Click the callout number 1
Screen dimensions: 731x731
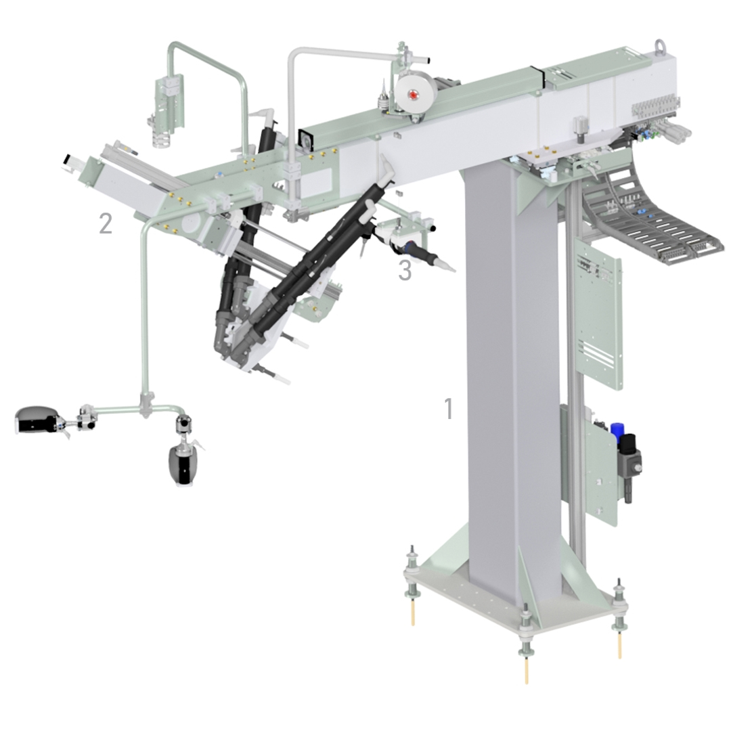pyautogui.click(x=449, y=408)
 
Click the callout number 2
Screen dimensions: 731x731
pyautogui.click(x=106, y=224)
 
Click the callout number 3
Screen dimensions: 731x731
pyautogui.click(x=405, y=270)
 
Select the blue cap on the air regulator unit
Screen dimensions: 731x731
pyautogui.click(x=617, y=430)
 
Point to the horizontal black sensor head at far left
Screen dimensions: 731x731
pyautogui.click(x=37, y=420)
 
